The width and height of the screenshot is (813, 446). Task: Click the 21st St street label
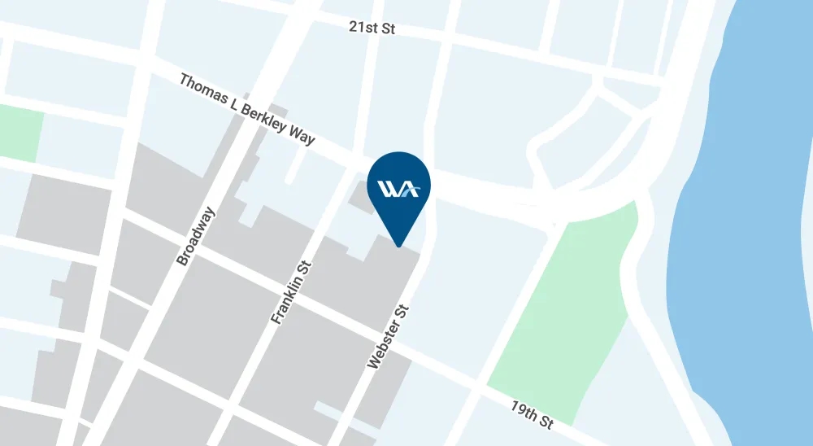[372, 28]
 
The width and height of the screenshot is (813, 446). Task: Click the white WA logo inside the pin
[399, 190]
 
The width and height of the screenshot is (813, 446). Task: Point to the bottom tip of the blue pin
[399, 245]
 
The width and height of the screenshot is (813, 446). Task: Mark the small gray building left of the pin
[362, 196]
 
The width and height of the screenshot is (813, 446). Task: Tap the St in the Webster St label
[402, 313]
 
